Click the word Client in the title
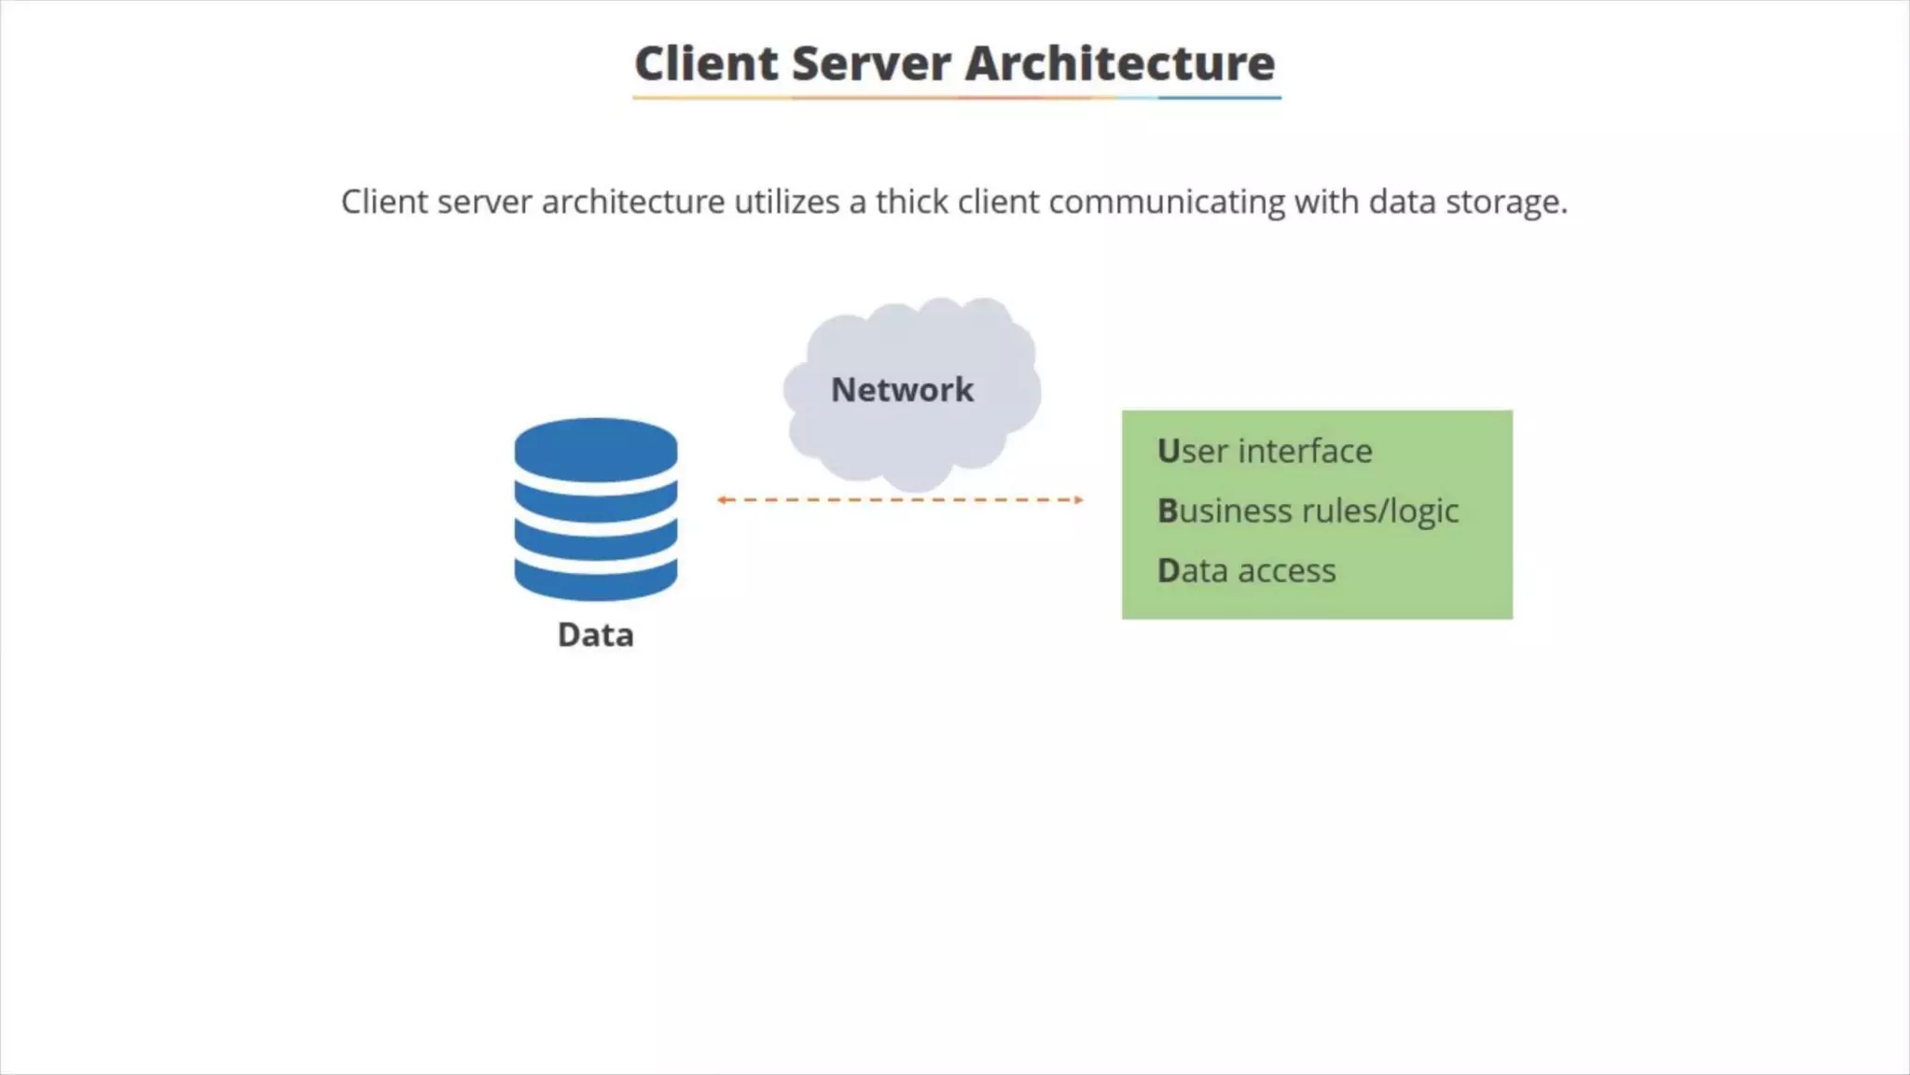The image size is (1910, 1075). (706, 63)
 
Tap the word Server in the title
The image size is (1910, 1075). (871, 63)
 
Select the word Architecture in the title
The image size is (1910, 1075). (1119, 63)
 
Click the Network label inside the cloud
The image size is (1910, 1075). (902, 390)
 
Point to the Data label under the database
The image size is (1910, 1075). (595, 635)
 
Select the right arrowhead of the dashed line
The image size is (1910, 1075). (1079, 500)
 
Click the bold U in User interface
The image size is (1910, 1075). (1169, 452)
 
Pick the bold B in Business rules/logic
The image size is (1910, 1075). (1168, 511)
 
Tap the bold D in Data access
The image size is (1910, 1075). (1169, 571)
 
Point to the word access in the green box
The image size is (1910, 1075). (1286, 571)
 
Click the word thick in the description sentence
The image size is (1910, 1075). (911, 202)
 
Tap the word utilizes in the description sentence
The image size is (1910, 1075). (786, 202)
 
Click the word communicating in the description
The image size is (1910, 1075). (1166, 202)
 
